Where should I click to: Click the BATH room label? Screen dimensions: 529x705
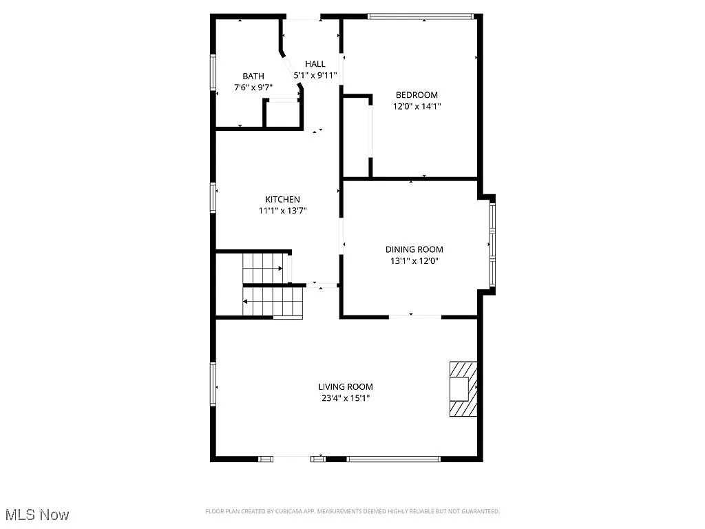click(x=253, y=76)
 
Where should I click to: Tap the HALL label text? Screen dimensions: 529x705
click(x=315, y=64)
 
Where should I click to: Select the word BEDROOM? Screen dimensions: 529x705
click(x=416, y=95)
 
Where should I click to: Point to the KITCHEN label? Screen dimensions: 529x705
click(x=282, y=200)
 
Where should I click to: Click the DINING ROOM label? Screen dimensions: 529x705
click(x=414, y=249)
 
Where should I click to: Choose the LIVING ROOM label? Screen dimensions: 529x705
click(x=346, y=387)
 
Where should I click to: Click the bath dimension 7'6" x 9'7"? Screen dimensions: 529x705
click(x=253, y=87)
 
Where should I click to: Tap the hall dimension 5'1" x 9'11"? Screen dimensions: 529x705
click(x=316, y=75)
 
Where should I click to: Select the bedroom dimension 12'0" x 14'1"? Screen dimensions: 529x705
click(x=417, y=106)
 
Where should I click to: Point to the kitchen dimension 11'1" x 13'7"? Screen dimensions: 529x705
click(x=282, y=211)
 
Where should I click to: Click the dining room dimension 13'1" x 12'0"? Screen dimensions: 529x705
click(x=414, y=260)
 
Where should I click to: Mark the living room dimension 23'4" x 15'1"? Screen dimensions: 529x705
click(x=346, y=398)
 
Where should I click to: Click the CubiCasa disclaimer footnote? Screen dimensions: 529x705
click(x=352, y=511)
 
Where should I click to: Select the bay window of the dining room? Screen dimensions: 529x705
click(x=492, y=242)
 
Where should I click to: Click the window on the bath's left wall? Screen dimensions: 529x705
click(x=213, y=72)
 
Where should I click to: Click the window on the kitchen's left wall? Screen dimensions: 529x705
click(x=213, y=198)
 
